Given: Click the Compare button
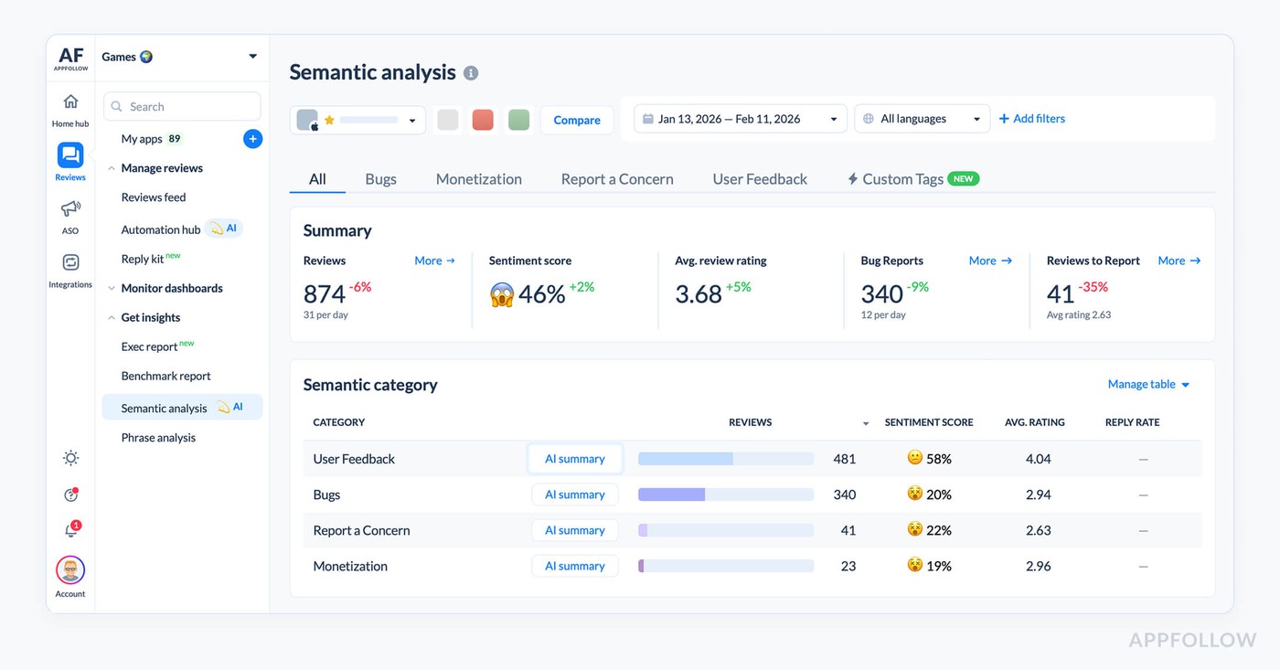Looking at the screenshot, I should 577,120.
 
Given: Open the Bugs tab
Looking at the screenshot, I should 380,179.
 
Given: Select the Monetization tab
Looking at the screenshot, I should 478,179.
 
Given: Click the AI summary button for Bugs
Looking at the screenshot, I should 575,495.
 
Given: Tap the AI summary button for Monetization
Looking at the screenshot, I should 575,566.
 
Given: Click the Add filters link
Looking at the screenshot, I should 1031,119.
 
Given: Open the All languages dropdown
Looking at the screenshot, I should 922,119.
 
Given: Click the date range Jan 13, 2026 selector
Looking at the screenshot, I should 740,119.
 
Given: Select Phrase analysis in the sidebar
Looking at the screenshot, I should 158,438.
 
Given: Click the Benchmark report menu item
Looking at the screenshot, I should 165,376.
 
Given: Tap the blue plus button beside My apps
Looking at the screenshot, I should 253,139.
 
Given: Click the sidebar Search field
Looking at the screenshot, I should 182,107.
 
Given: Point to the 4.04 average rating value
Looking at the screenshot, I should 1038,459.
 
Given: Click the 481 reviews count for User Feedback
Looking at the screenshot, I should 844,459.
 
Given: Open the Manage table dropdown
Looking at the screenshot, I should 1148,385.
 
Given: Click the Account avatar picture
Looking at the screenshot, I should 70,570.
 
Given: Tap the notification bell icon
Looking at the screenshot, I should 70,531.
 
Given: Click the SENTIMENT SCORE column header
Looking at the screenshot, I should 928,422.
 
